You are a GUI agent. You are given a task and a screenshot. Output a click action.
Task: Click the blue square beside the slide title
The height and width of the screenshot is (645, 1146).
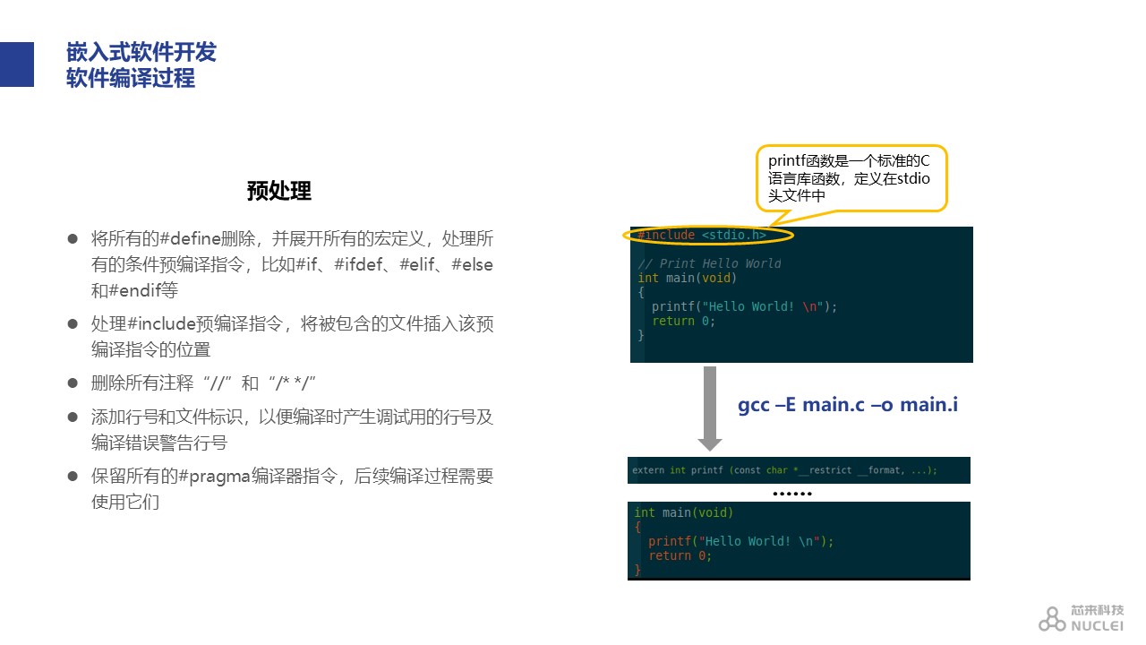click(x=17, y=64)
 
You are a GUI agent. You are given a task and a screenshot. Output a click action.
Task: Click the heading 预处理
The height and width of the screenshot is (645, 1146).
click(x=278, y=191)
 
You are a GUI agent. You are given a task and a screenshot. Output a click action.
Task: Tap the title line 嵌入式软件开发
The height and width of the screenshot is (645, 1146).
click(x=141, y=52)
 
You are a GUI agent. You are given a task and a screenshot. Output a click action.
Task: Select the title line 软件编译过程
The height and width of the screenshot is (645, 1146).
click(x=131, y=78)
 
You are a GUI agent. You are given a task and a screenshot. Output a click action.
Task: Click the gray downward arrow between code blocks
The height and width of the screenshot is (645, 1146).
click(x=710, y=408)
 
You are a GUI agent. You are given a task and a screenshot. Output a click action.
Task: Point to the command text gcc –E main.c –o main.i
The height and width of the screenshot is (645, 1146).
click(x=848, y=404)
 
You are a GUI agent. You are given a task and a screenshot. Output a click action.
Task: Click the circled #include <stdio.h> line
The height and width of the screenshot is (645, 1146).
click(x=702, y=235)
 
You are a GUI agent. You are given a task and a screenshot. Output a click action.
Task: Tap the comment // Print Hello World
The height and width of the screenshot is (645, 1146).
click(x=709, y=263)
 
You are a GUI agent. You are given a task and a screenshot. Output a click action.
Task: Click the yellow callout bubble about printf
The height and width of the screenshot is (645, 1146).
click(x=851, y=178)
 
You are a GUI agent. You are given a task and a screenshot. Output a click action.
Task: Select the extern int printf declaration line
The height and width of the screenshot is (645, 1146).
click(x=784, y=470)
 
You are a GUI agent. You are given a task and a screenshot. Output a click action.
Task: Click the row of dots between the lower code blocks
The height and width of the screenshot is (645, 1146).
click(x=792, y=494)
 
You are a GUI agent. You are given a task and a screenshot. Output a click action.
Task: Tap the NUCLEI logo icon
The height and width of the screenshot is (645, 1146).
click(x=1052, y=619)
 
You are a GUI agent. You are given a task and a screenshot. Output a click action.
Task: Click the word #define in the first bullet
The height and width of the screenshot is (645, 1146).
click(x=191, y=238)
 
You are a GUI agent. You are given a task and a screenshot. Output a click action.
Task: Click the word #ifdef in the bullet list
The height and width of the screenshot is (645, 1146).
click(x=358, y=264)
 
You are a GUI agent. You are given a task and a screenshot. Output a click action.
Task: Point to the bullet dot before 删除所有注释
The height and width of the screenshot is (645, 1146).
click(x=73, y=383)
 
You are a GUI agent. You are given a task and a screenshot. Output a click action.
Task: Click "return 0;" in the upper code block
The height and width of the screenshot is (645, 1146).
click(x=683, y=321)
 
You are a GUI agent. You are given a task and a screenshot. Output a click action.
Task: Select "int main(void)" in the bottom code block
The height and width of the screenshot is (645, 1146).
click(x=683, y=512)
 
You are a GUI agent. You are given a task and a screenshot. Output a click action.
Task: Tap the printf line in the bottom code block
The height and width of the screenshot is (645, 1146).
click(x=740, y=541)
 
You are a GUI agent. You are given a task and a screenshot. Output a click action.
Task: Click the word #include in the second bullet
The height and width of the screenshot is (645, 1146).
click(x=162, y=323)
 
